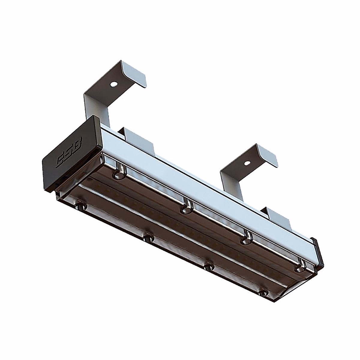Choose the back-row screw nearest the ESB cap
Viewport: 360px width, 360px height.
118,175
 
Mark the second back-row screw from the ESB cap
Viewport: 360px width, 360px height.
186,209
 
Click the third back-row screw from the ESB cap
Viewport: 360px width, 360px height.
247,240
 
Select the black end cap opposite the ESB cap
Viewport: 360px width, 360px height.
317,252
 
